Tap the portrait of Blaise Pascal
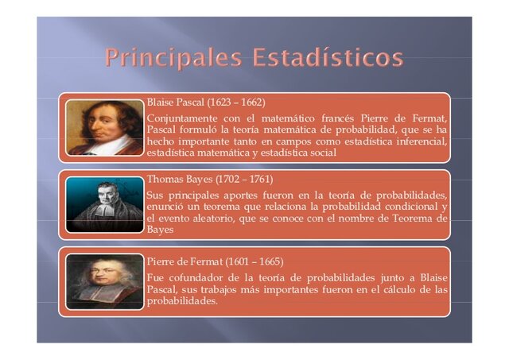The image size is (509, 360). pyautogui.click(x=104, y=126)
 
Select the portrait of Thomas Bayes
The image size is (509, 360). pyautogui.click(x=104, y=203)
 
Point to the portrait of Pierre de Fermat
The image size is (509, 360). pyautogui.click(x=104, y=281)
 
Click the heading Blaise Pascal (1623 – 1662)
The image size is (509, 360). pyautogui.click(x=206, y=103)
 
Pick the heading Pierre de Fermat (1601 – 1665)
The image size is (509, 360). pyautogui.click(x=215, y=261)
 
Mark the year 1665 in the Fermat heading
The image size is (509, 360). pyautogui.click(x=266, y=261)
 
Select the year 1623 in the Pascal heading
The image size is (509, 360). pyautogui.click(x=219, y=103)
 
